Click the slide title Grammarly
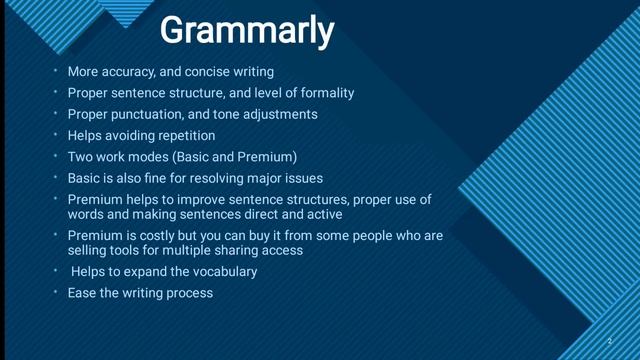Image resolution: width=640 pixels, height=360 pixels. coord(246,31)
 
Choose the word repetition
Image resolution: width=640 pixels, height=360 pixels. coord(183,135)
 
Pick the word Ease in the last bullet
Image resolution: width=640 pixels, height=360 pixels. coord(83,293)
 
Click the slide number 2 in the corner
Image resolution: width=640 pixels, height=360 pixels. coord(609,341)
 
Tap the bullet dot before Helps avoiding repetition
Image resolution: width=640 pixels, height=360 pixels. coord(56,135)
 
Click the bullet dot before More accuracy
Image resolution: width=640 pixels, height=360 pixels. coord(56,72)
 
